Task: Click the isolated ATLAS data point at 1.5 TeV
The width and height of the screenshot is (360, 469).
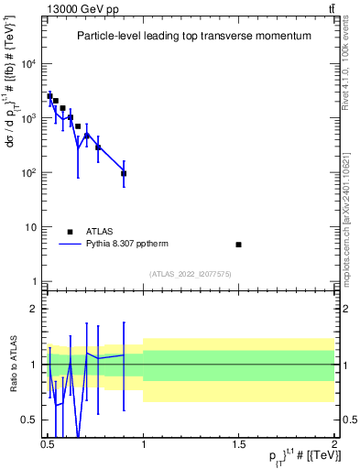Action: pyautogui.click(x=239, y=245)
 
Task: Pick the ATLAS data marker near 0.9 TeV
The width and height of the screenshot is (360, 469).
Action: pyautogui.click(x=124, y=173)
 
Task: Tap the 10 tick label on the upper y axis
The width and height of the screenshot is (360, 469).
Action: pyautogui.click(x=32, y=227)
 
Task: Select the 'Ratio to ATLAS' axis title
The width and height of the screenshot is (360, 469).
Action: pyautogui.click(x=12, y=364)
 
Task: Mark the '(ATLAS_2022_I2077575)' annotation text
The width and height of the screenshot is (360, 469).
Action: pyautogui.click(x=191, y=274)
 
